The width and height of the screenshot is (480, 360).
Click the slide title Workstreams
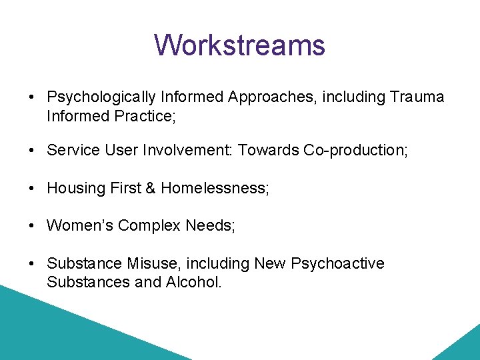(x=239, y=45)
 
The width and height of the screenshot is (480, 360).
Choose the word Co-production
(x=356, y=151)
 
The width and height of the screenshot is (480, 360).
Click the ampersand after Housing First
(x=150, y=189)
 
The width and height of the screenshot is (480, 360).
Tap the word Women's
(x=80, y=226)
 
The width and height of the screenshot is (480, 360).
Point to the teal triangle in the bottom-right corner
(x=463, y=347)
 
